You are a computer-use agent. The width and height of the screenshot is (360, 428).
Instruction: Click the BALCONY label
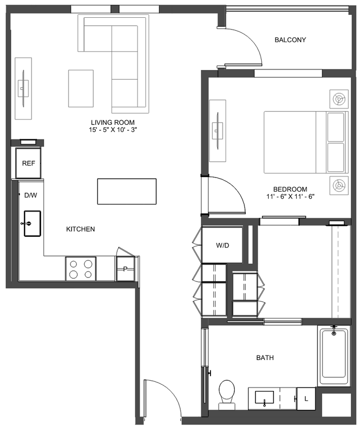(290, 40)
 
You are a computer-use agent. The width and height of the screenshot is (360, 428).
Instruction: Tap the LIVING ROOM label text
(113, 123)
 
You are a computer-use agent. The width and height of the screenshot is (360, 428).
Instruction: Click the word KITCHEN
(81, 229)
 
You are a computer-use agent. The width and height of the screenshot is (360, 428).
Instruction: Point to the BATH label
(265, 358)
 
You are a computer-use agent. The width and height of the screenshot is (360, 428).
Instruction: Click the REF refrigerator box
(28, 163)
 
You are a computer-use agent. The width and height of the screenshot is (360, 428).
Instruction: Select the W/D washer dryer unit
(223, 245)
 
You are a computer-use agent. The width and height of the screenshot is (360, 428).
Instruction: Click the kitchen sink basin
(32, 223)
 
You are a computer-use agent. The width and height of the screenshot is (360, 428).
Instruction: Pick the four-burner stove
(81, 269)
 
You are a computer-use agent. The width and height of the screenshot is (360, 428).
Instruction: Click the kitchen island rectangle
(127, 191)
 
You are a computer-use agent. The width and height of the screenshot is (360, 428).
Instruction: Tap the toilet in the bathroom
(226, 393)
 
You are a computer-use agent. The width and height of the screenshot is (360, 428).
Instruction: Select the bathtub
(334, 354)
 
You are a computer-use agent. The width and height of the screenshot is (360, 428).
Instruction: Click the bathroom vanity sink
(265, 397)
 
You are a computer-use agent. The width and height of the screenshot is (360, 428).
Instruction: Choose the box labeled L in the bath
(306, 398)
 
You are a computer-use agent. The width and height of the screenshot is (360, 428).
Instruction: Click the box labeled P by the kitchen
(125, 269)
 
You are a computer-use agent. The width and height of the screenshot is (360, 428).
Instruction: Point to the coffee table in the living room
(81, 88)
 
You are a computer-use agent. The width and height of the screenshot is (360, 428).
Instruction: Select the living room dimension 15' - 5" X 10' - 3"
(113, 130)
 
